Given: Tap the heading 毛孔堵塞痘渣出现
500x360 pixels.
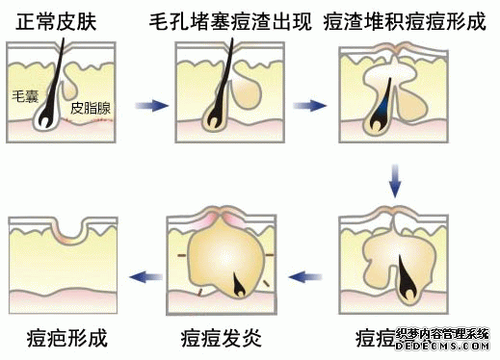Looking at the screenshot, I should [x=228, y=18].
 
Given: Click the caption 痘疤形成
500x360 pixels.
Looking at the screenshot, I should [x=66, y=338].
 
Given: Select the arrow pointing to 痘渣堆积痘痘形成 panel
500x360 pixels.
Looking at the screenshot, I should [x=309, y=104].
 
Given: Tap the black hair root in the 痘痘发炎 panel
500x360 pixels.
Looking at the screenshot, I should [x=235, y=282].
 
